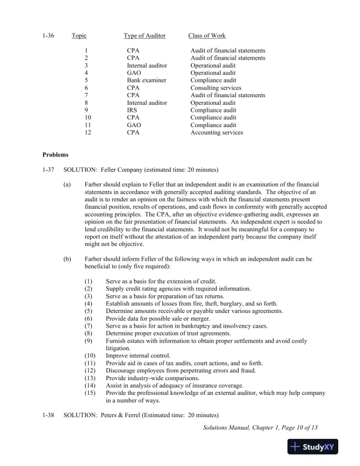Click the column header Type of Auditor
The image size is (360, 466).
tap(145, 36)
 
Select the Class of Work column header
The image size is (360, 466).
tap(206, 36)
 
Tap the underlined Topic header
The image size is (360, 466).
tap(79, 36)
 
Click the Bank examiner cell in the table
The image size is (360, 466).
tap(146, 81)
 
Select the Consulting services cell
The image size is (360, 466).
tap(215, 88)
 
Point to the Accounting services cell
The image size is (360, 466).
tap(216, 132)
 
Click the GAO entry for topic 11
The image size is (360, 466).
tap(134, 125)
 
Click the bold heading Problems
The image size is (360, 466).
tap(55, 155)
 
